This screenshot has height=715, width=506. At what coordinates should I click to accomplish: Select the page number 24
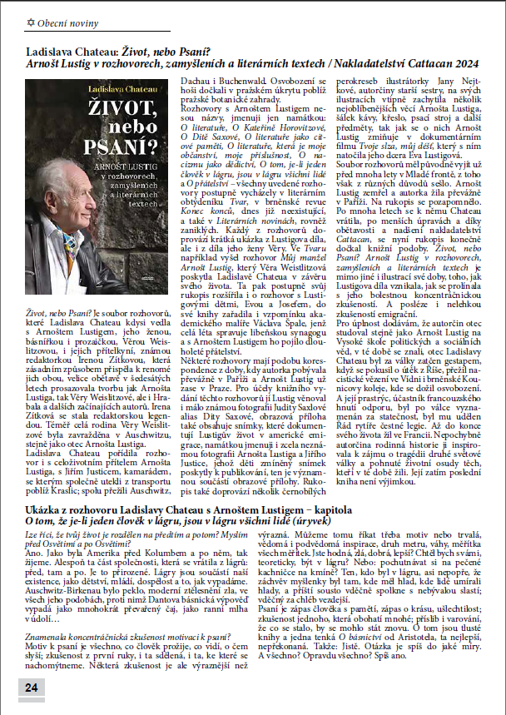[31, 687]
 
